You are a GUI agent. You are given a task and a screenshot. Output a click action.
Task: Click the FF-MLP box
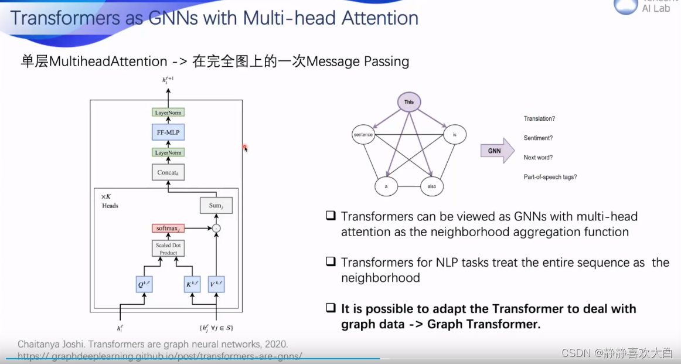tap(169, 132)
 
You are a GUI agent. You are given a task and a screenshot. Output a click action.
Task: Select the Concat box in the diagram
tap(169, 172)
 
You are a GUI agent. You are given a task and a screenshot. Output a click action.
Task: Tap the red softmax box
tap(169, 228)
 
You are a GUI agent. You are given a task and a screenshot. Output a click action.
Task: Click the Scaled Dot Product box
tap(169, 249)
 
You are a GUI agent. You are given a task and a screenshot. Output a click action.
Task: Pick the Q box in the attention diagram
tap(144, 285)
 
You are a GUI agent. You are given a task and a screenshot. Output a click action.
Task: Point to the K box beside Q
tap(193, 285)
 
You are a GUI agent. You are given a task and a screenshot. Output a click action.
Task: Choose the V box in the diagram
tap(216, 285)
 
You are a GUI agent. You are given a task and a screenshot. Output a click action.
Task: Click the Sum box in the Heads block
tap(216, 205)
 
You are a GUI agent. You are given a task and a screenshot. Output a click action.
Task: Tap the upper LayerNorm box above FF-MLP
tap(169, 112)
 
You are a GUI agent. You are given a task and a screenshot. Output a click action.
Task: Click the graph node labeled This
tap(409, 102)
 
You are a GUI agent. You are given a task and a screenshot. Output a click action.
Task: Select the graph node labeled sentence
tap(363, 135)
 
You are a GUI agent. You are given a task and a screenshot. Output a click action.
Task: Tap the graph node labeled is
tap(454, 135)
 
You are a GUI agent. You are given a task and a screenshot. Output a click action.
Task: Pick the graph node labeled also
tap(432, 186)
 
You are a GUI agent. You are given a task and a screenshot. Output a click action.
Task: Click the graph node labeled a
tap(386, 186)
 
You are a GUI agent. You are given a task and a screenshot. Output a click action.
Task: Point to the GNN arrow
tap(496, 151)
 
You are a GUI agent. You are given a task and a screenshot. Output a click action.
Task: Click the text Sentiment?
tap(538, 138)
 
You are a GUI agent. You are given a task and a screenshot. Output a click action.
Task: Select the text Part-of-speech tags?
tap(550, 177)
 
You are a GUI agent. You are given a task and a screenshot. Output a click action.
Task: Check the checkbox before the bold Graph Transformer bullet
tap(331, 308)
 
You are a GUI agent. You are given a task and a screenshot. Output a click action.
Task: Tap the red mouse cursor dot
tap(244, 147)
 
